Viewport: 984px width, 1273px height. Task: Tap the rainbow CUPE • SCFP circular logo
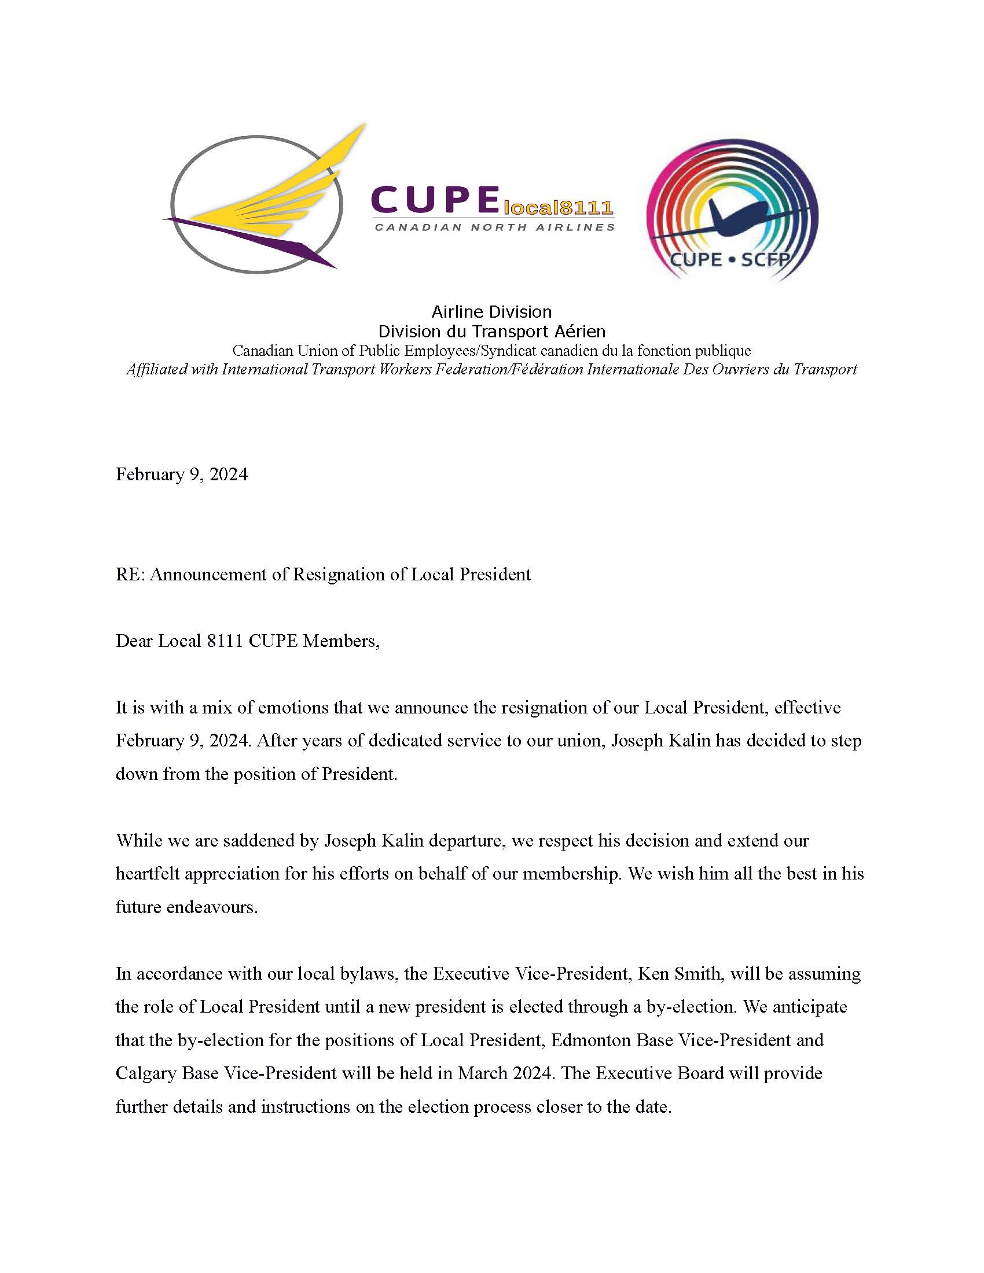[x=732, y=210]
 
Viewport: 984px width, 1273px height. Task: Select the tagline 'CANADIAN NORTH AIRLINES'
[x=494, y=227]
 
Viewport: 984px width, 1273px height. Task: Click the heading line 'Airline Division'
[x=491, y=312]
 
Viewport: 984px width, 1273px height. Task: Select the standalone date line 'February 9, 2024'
[x=181, y=474]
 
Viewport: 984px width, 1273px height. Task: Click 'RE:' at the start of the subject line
[x=130, y=575]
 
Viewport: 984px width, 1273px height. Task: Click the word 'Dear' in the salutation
[x=134, y=641]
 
